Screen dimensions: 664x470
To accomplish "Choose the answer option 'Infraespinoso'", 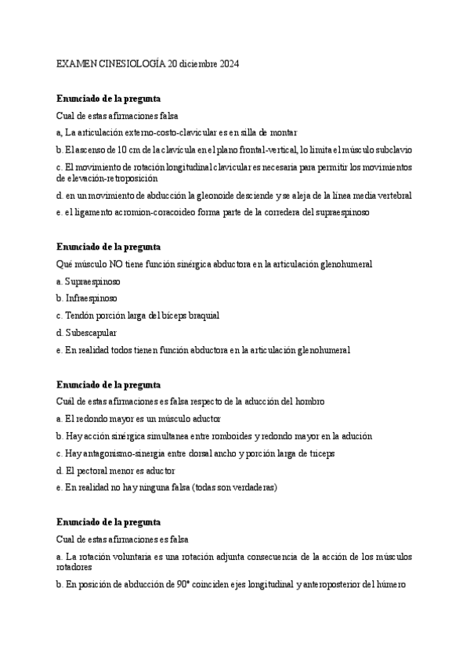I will [89, 298].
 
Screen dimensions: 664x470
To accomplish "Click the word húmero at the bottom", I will [389, 585].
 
